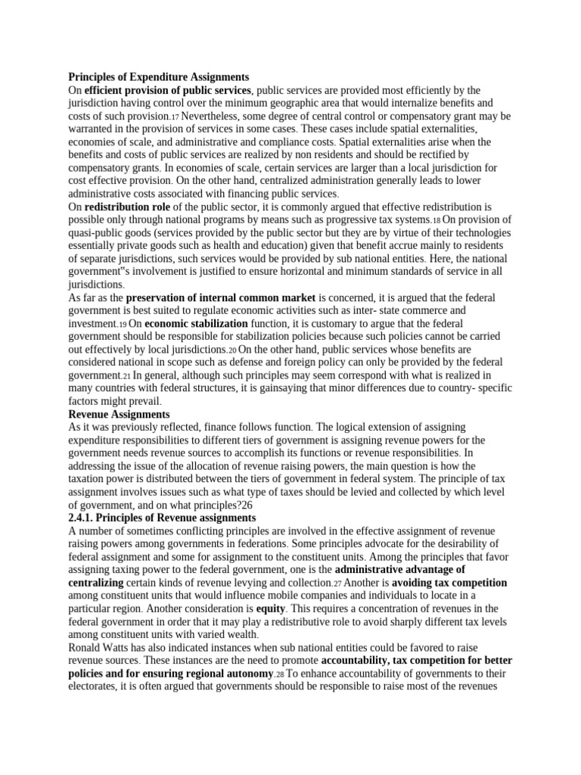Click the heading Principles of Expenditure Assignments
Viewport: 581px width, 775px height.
158,77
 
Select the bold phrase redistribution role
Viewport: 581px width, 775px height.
126,207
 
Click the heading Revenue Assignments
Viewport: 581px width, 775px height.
120,415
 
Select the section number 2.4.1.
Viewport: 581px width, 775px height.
85,518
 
